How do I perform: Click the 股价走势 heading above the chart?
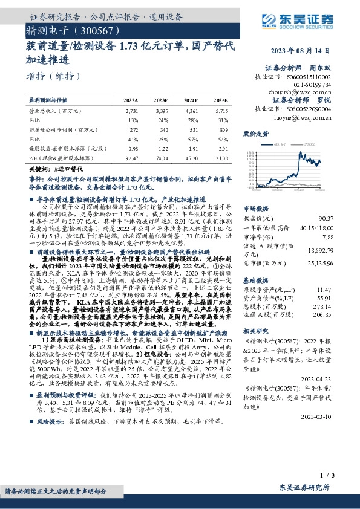click(x=255, y=132)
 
